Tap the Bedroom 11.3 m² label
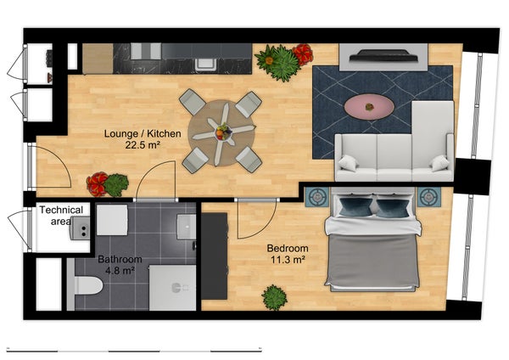(288, 254)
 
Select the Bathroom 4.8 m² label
(120, 264)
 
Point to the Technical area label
(61, 216)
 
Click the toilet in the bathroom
(85, 285)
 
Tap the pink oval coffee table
(369, 107)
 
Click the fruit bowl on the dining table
(223, 132)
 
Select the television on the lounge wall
(383, 55)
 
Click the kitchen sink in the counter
(204, 63)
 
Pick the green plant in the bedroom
(275, 297)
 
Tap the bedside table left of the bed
(316, 197)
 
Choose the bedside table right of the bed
(429, 197)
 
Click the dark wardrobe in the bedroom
(215, 256)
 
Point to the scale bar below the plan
(134, 351)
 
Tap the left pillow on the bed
(355, 206)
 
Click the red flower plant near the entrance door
(97, 184)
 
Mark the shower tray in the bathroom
(172, 288)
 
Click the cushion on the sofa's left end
(348, 163)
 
